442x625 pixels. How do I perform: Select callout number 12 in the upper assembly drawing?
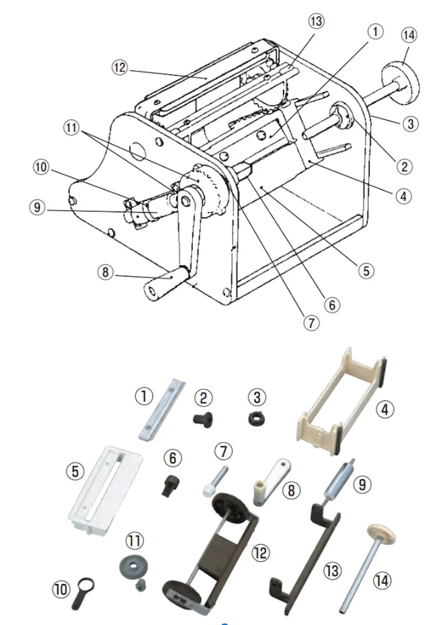119,68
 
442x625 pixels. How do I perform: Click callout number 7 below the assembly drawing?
311,323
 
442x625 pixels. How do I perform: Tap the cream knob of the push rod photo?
379,536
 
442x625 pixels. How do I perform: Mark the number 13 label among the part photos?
333,570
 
